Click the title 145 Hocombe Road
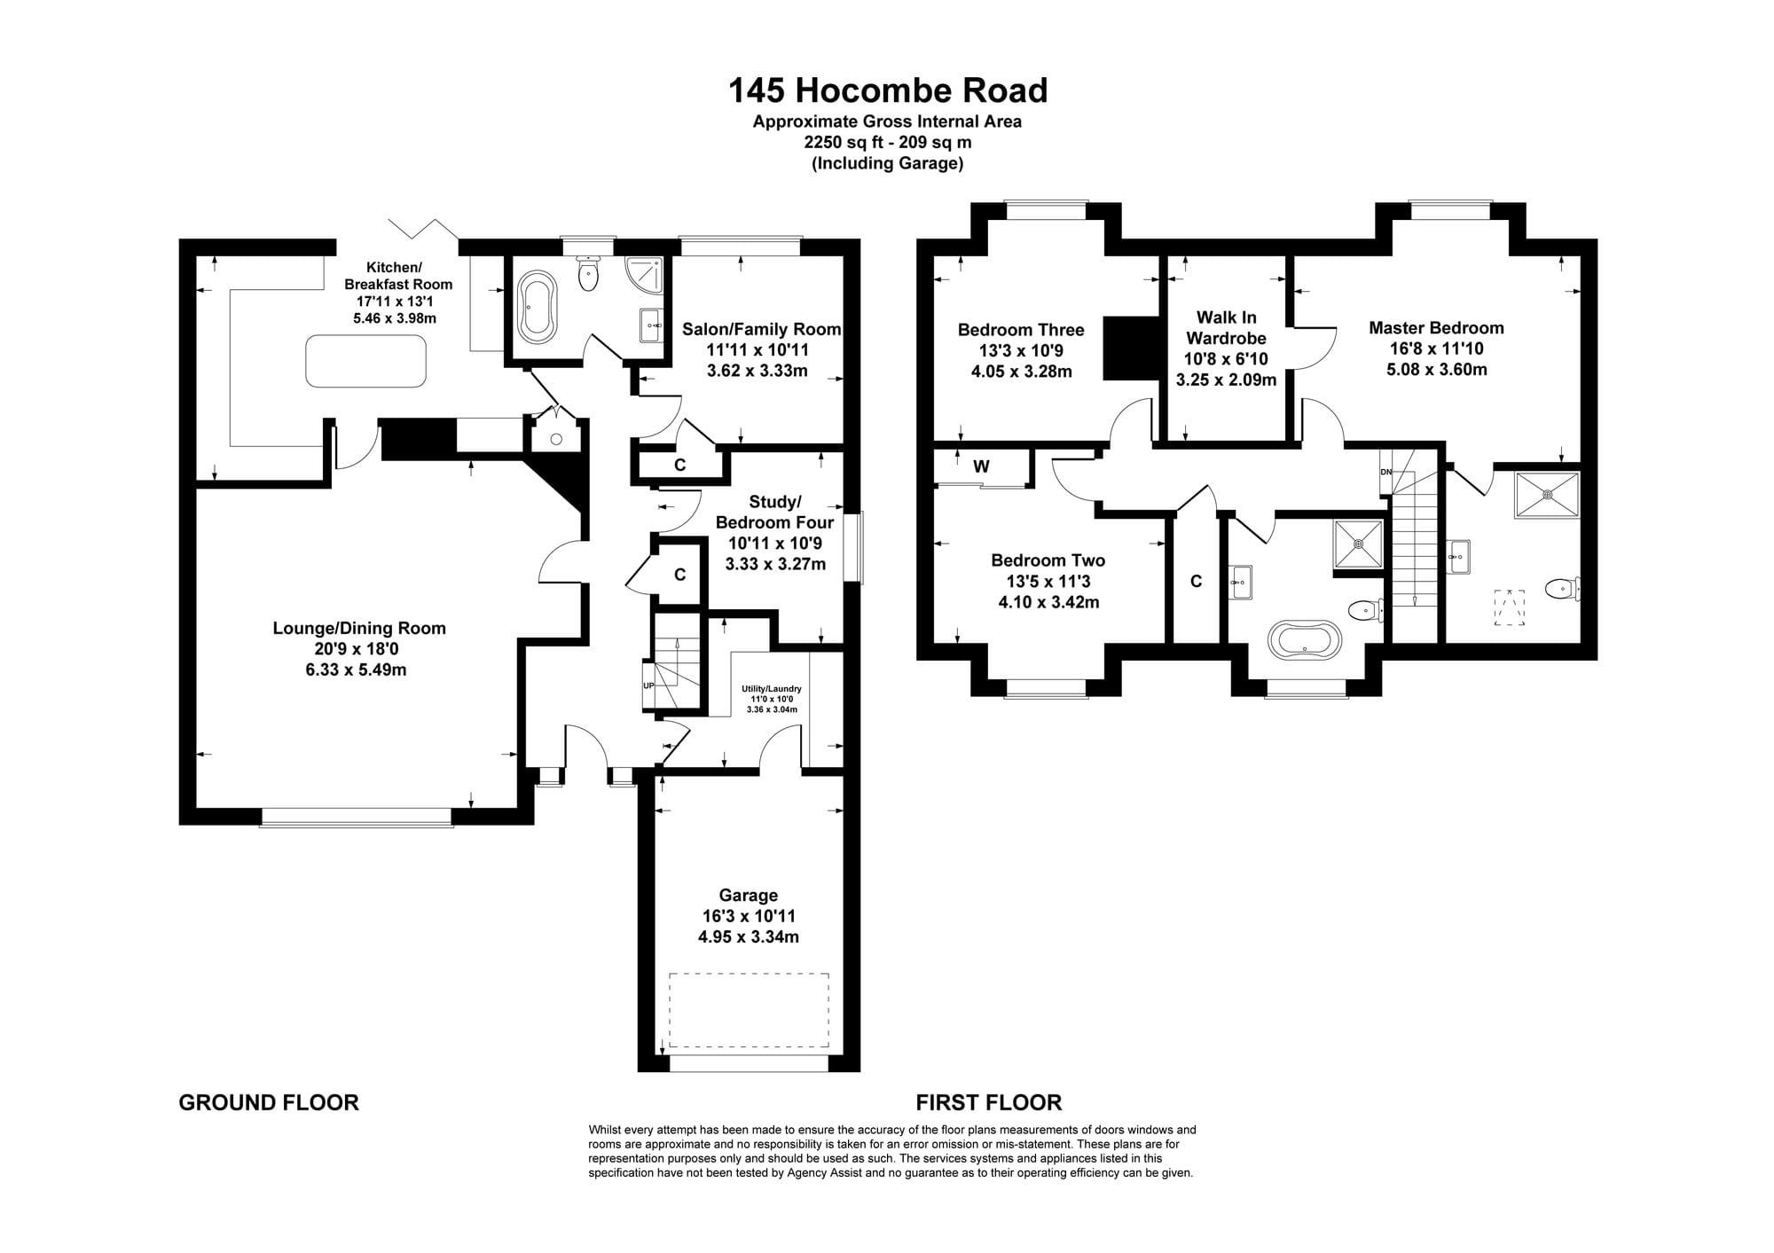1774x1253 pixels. (x=888, y=90)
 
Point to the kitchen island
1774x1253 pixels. (x=365, y=361)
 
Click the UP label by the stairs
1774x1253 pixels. (x=648, y=685)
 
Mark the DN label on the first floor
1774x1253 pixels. (x=1386, y=472)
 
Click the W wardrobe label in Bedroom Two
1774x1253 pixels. (x=981, y=466)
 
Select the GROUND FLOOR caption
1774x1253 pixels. (x=269, y=1103)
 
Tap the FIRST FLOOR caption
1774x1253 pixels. (x=989, y=1103)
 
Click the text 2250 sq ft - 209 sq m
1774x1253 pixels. (x=888, y=142)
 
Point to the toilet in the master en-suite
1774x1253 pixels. (x=1561, y=589)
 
